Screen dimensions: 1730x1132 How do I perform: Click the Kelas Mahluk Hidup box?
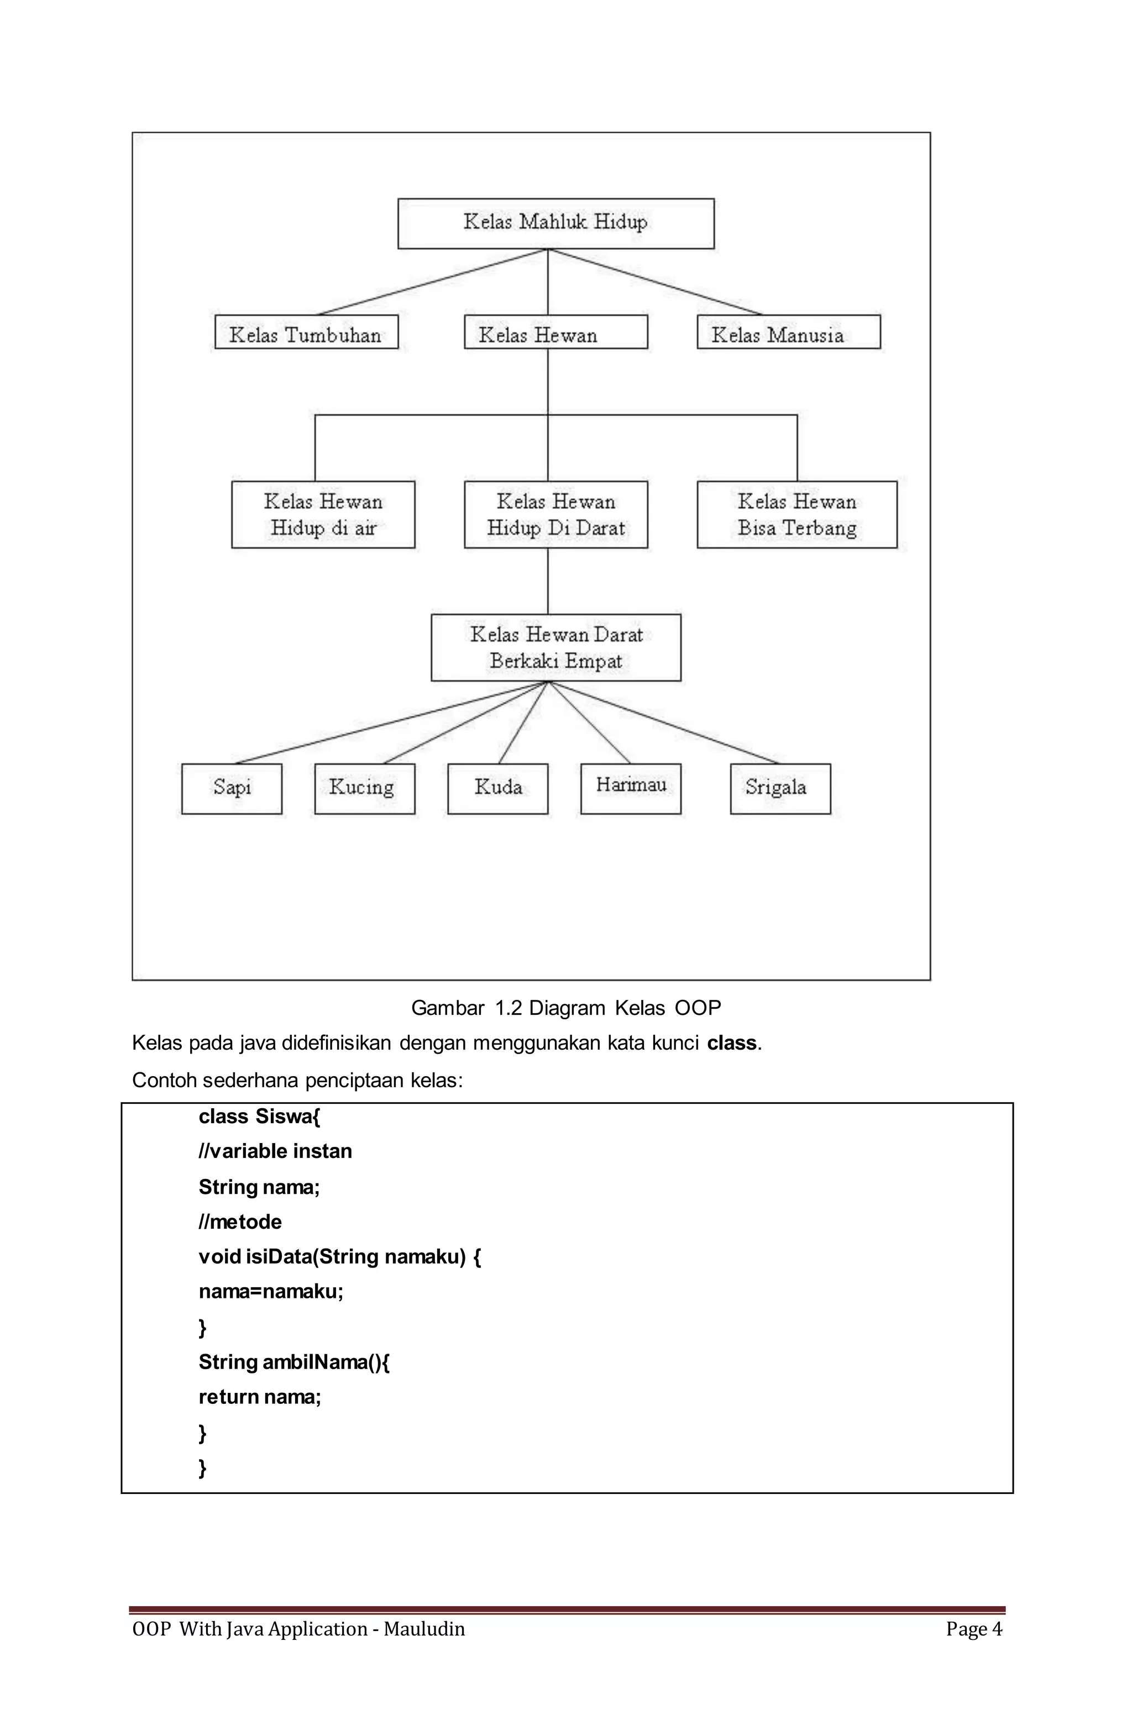(555, 223)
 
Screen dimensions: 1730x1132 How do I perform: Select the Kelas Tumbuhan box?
(306, 332)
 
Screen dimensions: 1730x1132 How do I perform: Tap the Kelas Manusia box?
(788, 332)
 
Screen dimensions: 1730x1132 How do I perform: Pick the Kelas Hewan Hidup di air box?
(323, 514)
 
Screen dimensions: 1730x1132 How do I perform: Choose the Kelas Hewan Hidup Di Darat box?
(555, 514)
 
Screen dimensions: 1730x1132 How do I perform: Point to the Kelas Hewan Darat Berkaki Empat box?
(555, 647)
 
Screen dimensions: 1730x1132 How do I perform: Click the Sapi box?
(231, 788)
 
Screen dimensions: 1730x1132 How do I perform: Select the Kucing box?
(364, 788)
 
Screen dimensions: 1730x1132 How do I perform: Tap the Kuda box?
(497, 788)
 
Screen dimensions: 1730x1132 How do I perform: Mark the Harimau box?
(630, 788)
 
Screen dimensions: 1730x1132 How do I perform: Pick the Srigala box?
(779, 788)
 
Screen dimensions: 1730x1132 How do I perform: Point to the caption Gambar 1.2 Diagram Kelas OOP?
(565, 1008)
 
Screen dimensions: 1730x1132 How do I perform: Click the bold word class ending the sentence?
(731, 1043)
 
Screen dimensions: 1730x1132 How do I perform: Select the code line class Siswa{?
(259, 1116)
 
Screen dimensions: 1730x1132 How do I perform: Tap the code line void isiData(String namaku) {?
(339, 1257)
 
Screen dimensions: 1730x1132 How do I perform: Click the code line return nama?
(260, 1396)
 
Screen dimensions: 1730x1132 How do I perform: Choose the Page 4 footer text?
(973, 1629)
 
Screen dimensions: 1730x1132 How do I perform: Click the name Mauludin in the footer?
(424, 1629)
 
